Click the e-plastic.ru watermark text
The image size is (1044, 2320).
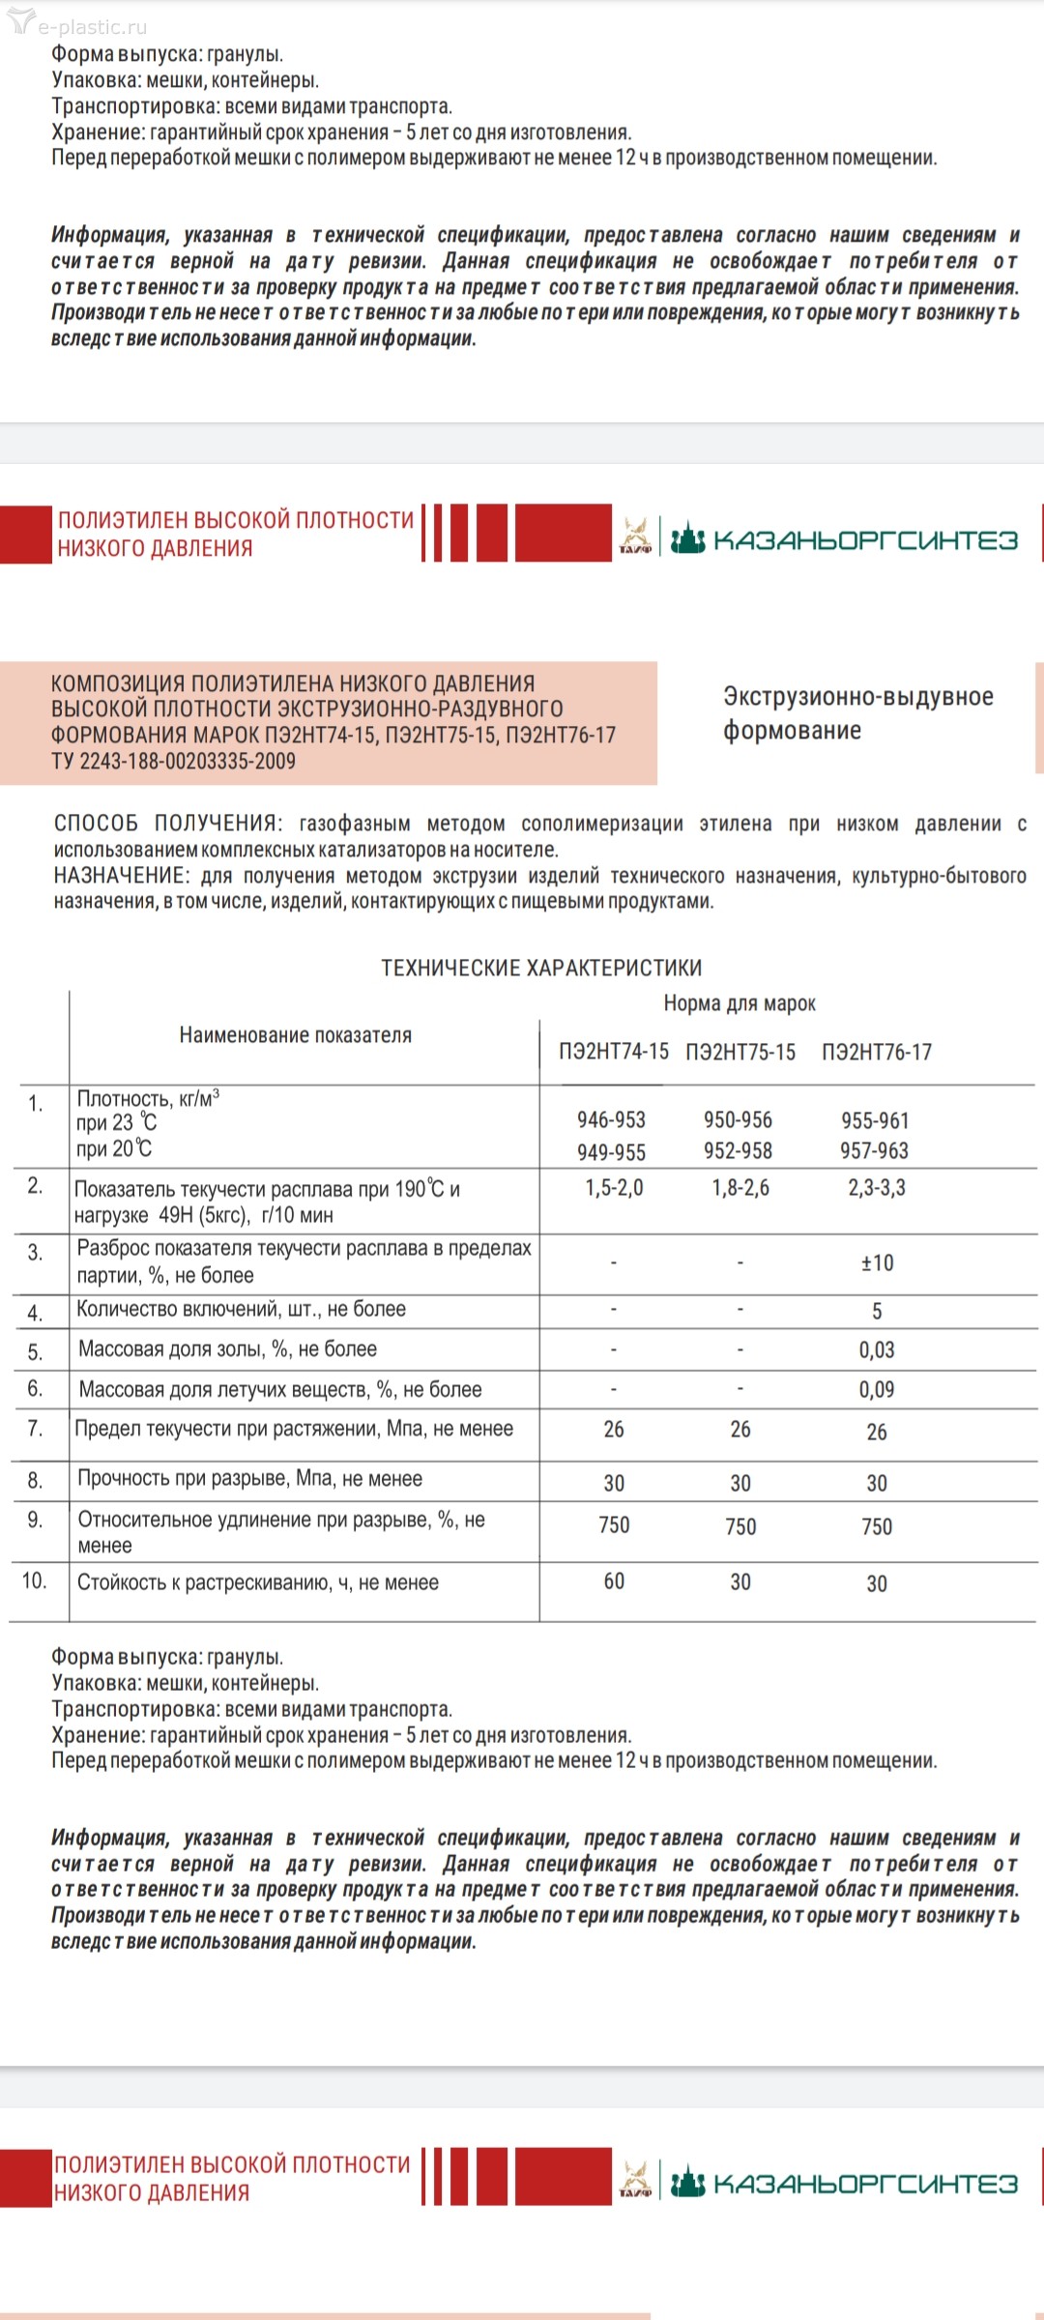(92, 27)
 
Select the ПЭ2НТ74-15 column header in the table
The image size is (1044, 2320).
(613, 1052)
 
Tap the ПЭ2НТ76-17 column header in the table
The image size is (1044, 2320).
(877, 1052)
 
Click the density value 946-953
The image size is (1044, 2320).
(611, 1119)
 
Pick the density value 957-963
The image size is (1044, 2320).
(874, 1150)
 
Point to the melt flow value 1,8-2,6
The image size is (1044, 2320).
(740, 1188)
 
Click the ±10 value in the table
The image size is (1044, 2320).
(877, 1262)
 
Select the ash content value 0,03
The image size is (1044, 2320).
(877, 1349)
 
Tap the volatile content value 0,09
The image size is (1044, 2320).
(877, 1389)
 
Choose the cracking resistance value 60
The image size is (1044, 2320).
(614, 1581)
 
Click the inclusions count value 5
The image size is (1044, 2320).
(877, 1311)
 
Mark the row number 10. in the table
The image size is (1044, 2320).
(34, 1580)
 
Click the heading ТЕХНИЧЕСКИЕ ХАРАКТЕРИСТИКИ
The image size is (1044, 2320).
(541, 968)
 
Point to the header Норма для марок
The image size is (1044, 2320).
(739, 1003)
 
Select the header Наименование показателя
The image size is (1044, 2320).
(295, 1035)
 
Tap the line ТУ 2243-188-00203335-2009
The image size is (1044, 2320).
(173, 761)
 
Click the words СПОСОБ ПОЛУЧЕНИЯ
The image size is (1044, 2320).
(167, 824)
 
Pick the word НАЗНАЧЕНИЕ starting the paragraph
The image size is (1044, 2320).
(121, 876)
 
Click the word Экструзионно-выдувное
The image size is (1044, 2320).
(857, 697)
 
